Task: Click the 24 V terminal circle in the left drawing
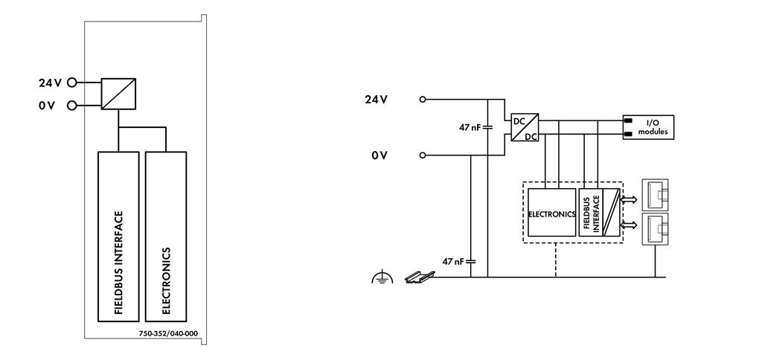coord(71,83)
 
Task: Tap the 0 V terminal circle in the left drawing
coord(71,105)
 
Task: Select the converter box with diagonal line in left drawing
coord(118,94)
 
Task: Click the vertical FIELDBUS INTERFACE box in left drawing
coord(118,237)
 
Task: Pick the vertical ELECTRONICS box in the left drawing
coord(166,237)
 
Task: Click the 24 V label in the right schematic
coord(377,100)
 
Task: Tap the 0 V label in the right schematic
coord(380,155)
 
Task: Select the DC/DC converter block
coord(525,127)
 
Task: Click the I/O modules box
coord(648,127)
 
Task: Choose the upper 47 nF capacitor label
coord(470,127)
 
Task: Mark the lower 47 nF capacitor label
coord(453,261)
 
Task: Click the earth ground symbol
coord(382,277)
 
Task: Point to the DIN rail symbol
coord(419,277)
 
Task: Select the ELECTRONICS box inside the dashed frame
coord(551,212)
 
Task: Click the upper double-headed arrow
coord(630,199)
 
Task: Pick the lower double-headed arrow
coord(630,225)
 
